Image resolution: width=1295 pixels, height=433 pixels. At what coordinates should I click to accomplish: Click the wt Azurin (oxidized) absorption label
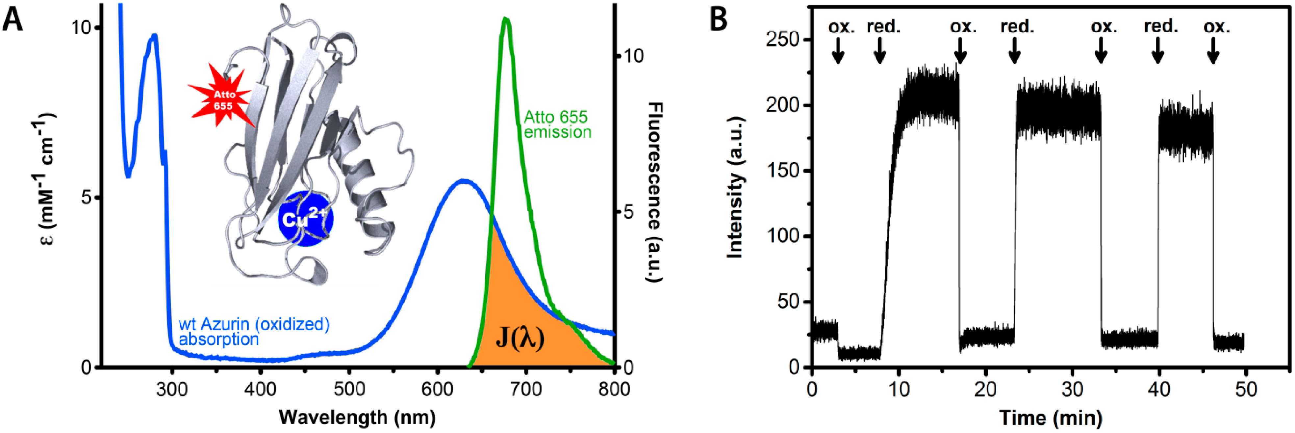click(254, 331)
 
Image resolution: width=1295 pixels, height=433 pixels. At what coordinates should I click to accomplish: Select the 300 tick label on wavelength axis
click(172, 389)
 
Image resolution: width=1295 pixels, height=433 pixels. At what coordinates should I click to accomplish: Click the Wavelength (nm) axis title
click(357, 418)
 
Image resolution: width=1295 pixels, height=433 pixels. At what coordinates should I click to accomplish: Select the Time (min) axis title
click(1050, 418)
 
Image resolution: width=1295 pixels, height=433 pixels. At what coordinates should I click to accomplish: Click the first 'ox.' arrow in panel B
click(838, 52)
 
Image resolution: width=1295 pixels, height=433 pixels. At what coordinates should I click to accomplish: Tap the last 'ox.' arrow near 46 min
click(1213, 52)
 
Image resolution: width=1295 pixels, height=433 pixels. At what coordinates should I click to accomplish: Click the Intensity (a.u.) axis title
click(735, 188)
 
